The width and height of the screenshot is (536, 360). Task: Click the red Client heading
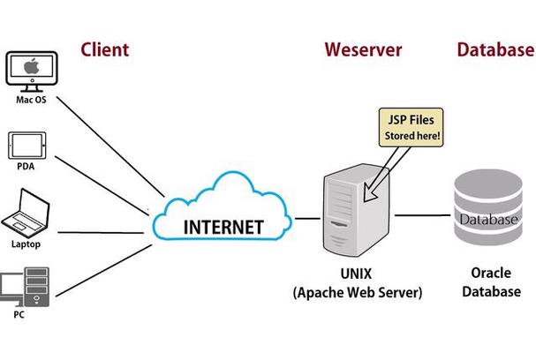click(x=104, y=49)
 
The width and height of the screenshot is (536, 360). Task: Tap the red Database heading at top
click(x=494, y=49)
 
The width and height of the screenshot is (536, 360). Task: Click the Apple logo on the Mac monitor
click(x=31, y=67)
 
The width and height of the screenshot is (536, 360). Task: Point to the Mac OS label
click(x=31, y=100)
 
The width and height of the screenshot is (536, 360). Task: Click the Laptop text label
click(x=26, y=244)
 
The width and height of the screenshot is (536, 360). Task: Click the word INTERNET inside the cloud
click(x=223, y=227)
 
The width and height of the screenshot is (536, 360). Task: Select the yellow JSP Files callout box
click(x=410, y=127)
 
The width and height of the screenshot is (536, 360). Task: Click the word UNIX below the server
click(x=357, y=273)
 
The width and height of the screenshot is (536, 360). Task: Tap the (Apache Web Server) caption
click(x=357, y=291)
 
